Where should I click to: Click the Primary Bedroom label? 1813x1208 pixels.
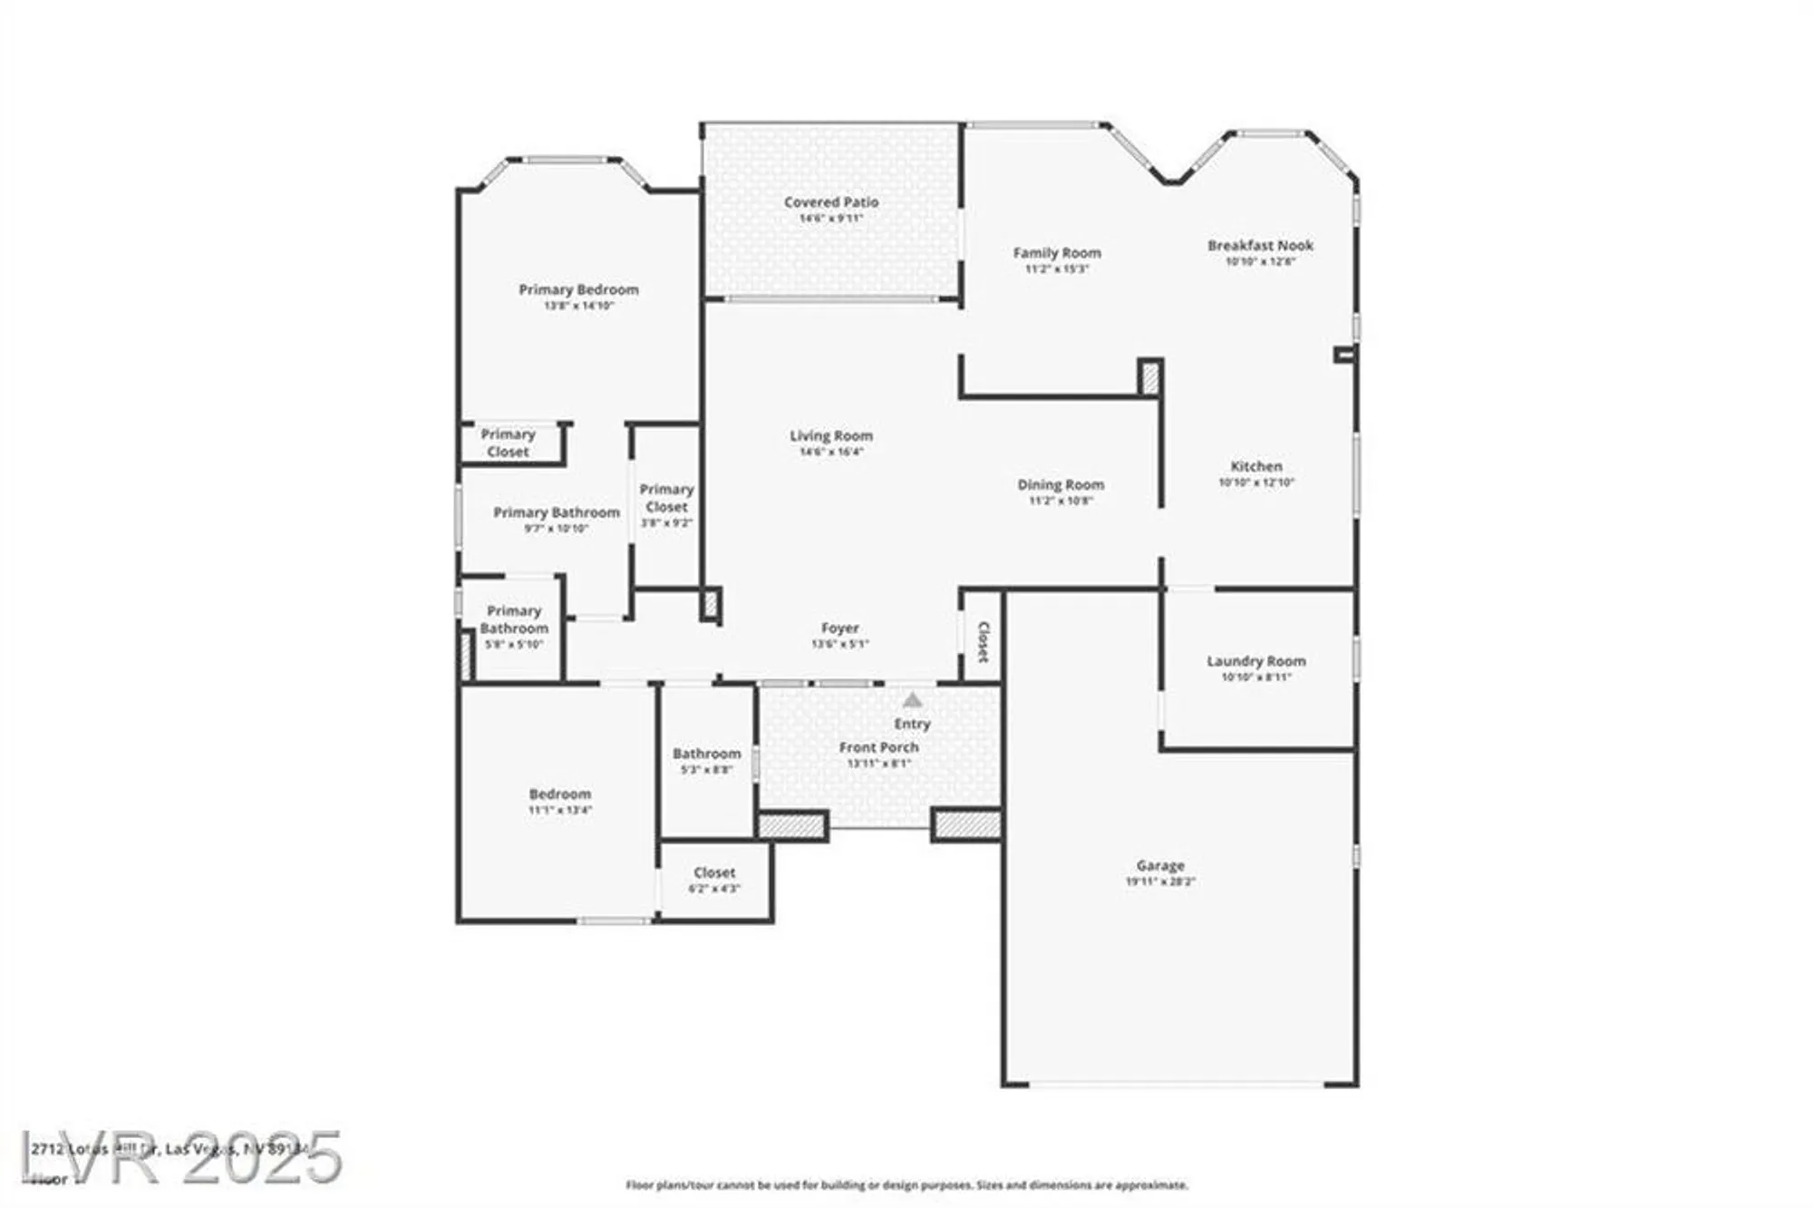pos(578,289)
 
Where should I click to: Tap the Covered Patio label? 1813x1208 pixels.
pos(830,202)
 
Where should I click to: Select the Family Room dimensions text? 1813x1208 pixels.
pos(1056,269)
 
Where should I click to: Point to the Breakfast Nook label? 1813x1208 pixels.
pos(1260,246)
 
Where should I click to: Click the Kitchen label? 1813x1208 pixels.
pos(1256,466)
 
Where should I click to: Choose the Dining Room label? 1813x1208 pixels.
pos(1060,484)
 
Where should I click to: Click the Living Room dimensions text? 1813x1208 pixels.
pos(830,452)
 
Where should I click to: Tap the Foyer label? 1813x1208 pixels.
pos(839,628)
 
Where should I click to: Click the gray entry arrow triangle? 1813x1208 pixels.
pos(912,700)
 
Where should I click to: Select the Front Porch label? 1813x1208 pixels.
pos(877,747)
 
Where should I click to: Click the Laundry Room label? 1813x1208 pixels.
pos(1256,661)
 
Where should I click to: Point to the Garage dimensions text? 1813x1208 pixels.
pos(1160,882)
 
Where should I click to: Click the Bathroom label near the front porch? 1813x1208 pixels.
pos(706,754)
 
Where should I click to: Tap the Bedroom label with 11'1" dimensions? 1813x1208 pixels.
pos(559,794)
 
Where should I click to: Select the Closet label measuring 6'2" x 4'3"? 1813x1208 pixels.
pos(714,872)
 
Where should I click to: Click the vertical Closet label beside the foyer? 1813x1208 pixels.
pos(983,641)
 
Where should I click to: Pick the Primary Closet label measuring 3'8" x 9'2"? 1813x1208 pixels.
pos(666,498)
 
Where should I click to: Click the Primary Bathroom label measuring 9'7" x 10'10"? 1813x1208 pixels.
pos(556,512)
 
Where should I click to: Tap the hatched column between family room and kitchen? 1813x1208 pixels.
pos(1149,377)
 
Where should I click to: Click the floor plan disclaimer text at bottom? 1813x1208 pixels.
pos(906,1185)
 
